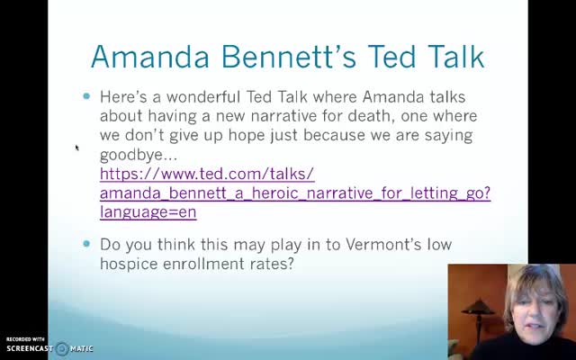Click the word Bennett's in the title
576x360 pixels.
(x=289, y=57)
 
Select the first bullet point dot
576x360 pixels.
(x=86, y=96)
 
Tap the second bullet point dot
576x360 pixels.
(x=86, y=244)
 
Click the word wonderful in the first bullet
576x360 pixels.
(x=203, y=97)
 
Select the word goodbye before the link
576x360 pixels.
(x=131, y=155)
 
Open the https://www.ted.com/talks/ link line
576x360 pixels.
(x=207, y=174)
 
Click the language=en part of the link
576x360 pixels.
(x=148, y=212)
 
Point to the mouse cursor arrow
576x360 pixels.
(x=77, y=148)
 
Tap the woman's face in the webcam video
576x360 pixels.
(x=535, y=307)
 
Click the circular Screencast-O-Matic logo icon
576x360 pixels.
(x=62, y=348)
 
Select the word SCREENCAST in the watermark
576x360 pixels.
(x=30, y=348)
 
